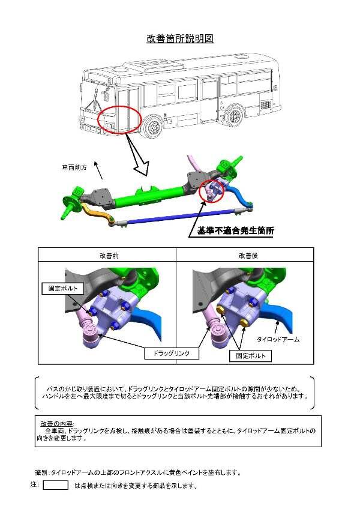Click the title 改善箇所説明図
point(180,38)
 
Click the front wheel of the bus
point(153,127)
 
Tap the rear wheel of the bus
point(235,115)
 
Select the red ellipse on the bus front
point(119,119)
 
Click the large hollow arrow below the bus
point(138,155)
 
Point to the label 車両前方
point(74,167)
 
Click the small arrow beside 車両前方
point(98,170)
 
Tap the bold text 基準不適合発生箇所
point(235,230)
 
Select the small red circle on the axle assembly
point(212,191)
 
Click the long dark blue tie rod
point(181,217)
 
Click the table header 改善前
point(109,255)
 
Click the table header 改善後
point(248,255)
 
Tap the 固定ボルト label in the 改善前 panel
point(63,288)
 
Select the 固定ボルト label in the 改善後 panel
point(250,356)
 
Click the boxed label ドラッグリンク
point(172,353)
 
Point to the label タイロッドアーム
point(278,339)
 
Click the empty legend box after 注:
point(55,485)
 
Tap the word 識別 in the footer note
point(41,473)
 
